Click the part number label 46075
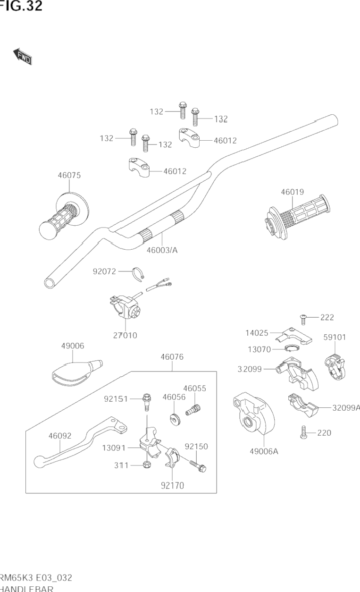point(69,175)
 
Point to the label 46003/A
point(162,250)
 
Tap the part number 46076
point(172,357)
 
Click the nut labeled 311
point(146,465)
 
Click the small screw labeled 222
point(303,320)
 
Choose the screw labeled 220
point(303,433)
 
